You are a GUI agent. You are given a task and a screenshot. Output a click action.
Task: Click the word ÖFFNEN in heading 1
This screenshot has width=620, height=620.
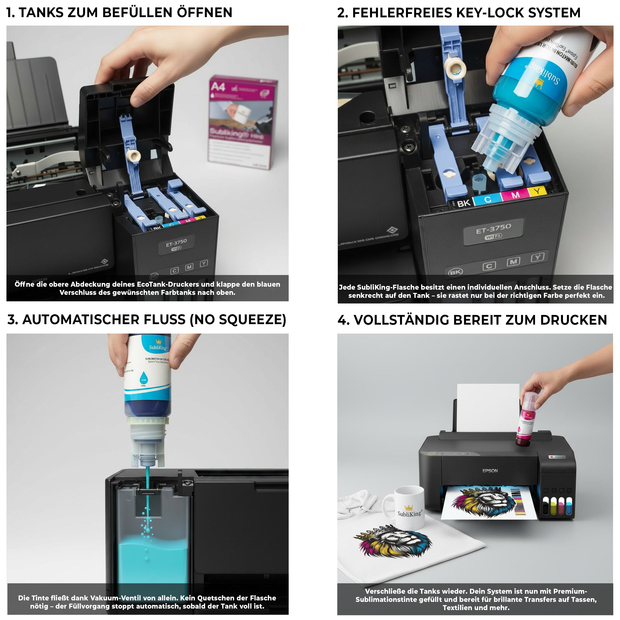pos(205,13)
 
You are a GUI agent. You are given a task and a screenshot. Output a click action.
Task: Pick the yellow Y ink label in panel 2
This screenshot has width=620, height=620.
pos(537,192)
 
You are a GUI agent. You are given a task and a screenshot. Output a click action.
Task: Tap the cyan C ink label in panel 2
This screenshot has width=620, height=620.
pos(488,200)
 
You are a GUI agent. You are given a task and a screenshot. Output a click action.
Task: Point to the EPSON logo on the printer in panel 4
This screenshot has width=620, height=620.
pos(490,471)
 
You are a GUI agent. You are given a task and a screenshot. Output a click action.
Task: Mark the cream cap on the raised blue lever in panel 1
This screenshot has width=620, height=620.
pos(133,156)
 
